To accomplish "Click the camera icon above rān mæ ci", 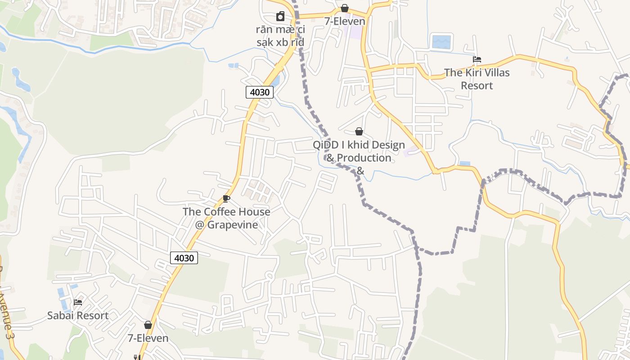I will click(280, 17).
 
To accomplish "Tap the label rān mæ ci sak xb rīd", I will click(280, 36).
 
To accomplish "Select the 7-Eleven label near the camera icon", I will click(345, 21).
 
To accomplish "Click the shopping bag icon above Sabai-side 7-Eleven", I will click(148, 325).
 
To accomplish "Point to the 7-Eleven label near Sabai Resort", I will click(148, 338).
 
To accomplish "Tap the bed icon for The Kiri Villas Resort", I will click(477, 59).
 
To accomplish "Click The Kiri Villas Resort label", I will click(477, 79).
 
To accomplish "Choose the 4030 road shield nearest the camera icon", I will click(260, 92).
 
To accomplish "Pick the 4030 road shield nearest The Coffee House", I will click(184, 258).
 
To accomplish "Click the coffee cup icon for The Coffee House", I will click(226, 198).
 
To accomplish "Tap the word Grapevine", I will click(233, 225).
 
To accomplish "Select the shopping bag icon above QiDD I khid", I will click(359, 131).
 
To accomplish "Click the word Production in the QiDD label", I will click(364, 158).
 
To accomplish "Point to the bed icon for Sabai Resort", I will click(78, 302).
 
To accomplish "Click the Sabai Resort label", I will click(78, 315).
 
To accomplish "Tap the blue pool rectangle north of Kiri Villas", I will click(441, 42).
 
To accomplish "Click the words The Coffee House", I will click(226, 211).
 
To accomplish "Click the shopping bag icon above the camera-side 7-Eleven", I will click(345, 8).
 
